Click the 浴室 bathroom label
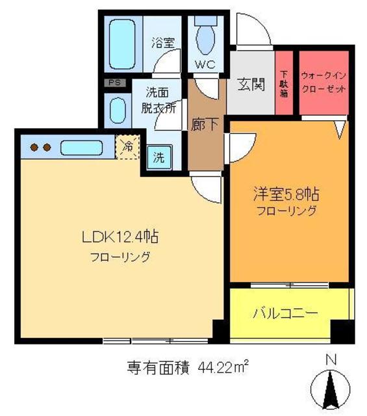tap(162, 43)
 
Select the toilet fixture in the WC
tap(205, 37)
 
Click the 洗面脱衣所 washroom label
tap(159, 100)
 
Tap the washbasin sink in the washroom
tap(118, 110)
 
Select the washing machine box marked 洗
tap(158, 156)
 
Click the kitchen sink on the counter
tap(81, 147)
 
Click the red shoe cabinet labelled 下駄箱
tap(284, 83)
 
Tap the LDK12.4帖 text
tap(120, 237)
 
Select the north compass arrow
tap(331, 390)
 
